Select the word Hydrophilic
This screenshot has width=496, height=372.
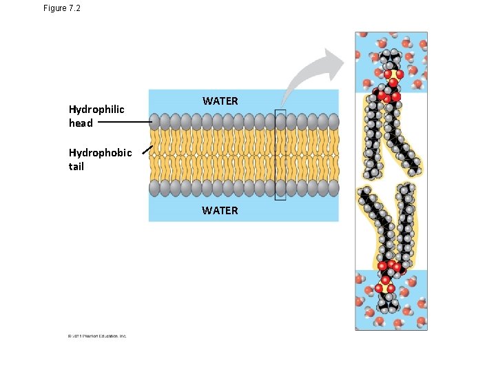point(96,109)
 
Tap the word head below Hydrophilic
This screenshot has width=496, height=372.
point(81,123)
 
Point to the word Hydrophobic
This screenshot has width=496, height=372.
point(100,152)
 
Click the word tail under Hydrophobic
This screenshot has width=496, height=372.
point(76,166)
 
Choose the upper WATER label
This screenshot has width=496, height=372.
point(220,101)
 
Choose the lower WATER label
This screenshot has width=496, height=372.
point(220,210)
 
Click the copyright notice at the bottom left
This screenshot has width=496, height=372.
point(97,336)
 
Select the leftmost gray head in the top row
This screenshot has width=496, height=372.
point(154,122)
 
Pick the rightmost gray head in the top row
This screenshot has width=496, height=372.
point(334,122)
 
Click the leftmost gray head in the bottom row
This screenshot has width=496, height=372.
point(154,188)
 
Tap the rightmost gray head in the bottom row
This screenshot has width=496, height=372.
point(334,188)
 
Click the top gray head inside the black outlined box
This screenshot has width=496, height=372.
point(280,122)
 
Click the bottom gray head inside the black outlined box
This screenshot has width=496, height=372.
point(280,188)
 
